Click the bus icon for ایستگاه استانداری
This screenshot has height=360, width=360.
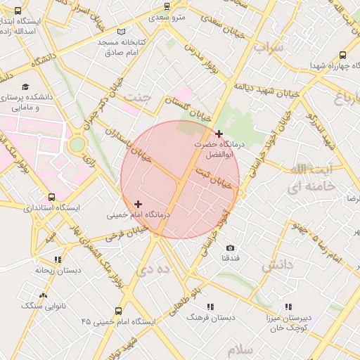[51, 197]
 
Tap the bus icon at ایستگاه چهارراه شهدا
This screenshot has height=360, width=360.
[342, 55]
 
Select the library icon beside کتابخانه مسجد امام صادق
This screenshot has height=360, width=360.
[122, 32]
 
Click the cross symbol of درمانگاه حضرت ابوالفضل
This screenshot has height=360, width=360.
[219, 134]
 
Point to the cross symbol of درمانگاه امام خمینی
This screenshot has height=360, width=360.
[138, 204]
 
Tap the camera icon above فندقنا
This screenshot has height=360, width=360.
[230, 248]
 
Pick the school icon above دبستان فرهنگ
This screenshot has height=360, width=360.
[210, 307]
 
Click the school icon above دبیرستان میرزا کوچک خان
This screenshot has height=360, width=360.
[288, 307]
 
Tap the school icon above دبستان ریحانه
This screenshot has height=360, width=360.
[57, 259]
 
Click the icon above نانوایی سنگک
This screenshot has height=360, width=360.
[44, 295]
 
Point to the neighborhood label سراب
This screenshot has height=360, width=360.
[269, 48]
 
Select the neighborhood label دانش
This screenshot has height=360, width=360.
[276, 266]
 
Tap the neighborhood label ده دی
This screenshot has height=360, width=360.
[154, 269]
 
